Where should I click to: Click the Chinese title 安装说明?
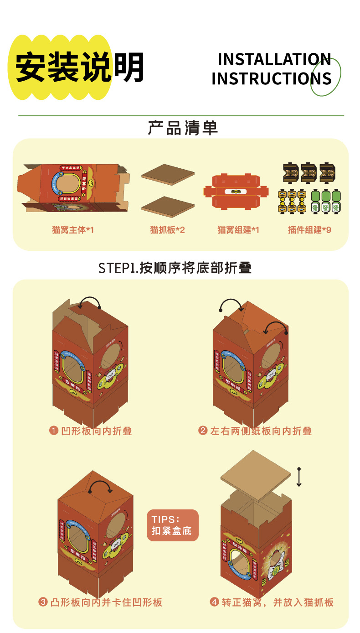(80, 67)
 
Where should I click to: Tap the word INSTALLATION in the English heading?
(274, 59)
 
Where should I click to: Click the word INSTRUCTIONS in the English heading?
(271, 78)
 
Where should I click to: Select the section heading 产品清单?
(183, 128)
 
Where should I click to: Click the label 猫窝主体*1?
(73, 230)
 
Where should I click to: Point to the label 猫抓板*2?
(168, 230)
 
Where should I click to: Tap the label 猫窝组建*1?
(238, 230)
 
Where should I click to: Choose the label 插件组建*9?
(309, 230)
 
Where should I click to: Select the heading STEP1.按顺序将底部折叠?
(175, 268)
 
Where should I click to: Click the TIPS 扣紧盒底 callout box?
(173, 525)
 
